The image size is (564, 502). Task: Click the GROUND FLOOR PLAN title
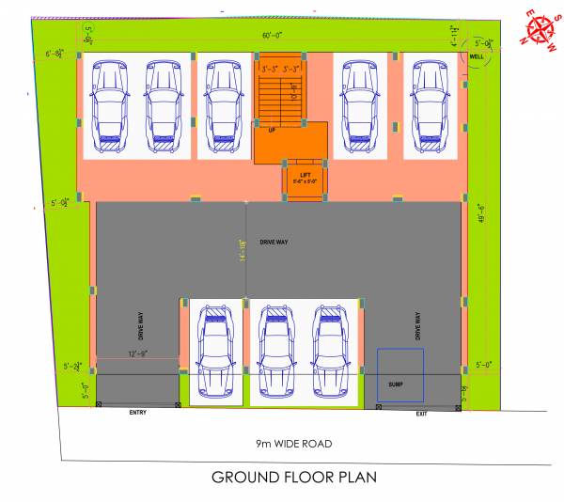tap(293, 477)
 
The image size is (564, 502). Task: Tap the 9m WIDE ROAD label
tap(293, 443)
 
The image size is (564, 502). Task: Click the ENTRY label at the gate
tap(137, 413)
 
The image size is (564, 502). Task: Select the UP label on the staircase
tap(273, 130)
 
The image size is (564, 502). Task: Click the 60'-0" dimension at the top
tap(274, 37)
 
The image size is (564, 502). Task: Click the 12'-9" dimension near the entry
tap(139, 354)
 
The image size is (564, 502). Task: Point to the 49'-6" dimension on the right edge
tap(480, 214)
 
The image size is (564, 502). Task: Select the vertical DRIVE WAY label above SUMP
tap(417, 325)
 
